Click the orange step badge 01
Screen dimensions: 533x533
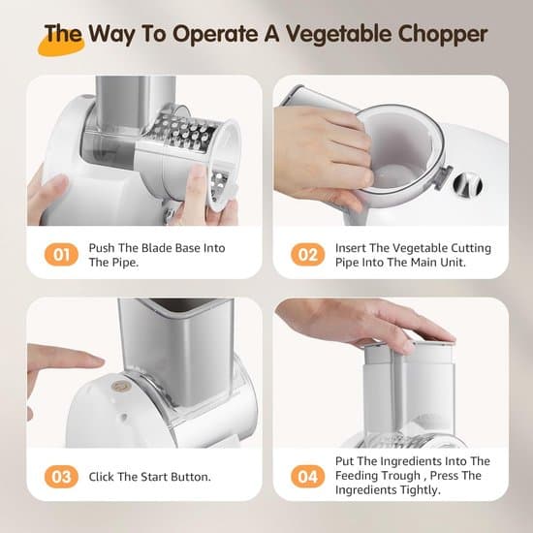[61, 255]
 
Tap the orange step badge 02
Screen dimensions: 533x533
[307, 255]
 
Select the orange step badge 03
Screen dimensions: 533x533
[61, 477]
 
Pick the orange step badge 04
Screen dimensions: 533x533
[307, 477]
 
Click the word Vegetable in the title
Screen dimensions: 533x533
[337, 35]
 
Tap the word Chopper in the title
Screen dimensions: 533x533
[443, 35]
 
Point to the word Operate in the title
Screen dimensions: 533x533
[214, 35]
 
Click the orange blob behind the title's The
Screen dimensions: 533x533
[60, 46]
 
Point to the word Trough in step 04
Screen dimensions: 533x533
[398, 475]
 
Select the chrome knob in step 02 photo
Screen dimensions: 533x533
[468, 184]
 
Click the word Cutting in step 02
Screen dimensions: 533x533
[471, 248]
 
